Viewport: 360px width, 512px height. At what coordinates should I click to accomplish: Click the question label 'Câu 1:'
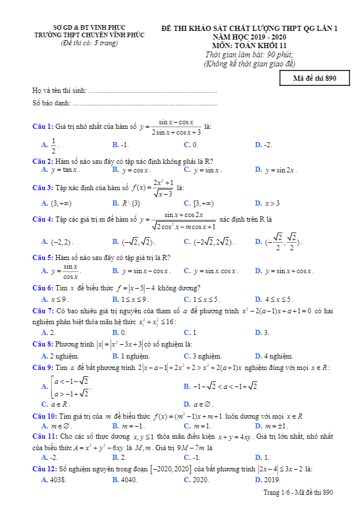pos(42,127)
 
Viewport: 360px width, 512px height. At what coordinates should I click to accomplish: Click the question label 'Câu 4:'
pos(42,219)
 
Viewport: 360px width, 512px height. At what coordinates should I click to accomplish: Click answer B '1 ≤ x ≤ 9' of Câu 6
pos(135,299)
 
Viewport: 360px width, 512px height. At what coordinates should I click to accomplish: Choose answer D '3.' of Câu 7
pos(266,332)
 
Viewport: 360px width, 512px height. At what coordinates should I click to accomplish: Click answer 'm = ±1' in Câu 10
pos(276,426)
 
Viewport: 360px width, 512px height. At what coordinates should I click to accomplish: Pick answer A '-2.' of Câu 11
pos(54,458)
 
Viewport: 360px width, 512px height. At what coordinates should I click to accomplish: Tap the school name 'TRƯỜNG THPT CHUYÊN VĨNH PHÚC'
pos(89,35)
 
